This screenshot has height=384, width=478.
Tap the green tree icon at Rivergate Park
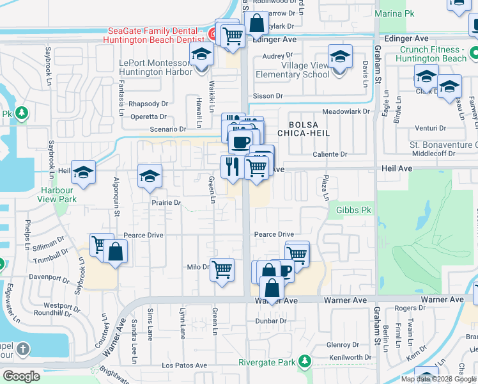coord(305,361)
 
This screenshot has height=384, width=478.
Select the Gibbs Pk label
coord(349,210)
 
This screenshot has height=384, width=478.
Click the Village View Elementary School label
coord(293,70)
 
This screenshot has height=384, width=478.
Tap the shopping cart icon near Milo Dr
coord(221,269)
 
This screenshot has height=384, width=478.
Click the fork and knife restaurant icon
coord(231,166)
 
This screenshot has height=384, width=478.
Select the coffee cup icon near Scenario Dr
coord(240,142)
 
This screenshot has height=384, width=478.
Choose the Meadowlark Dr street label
coord(346,111)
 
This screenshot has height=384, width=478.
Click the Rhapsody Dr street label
coord(148,104)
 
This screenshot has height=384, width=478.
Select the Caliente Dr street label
coord(330,154)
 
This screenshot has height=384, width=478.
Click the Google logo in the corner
coord(21,376)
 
